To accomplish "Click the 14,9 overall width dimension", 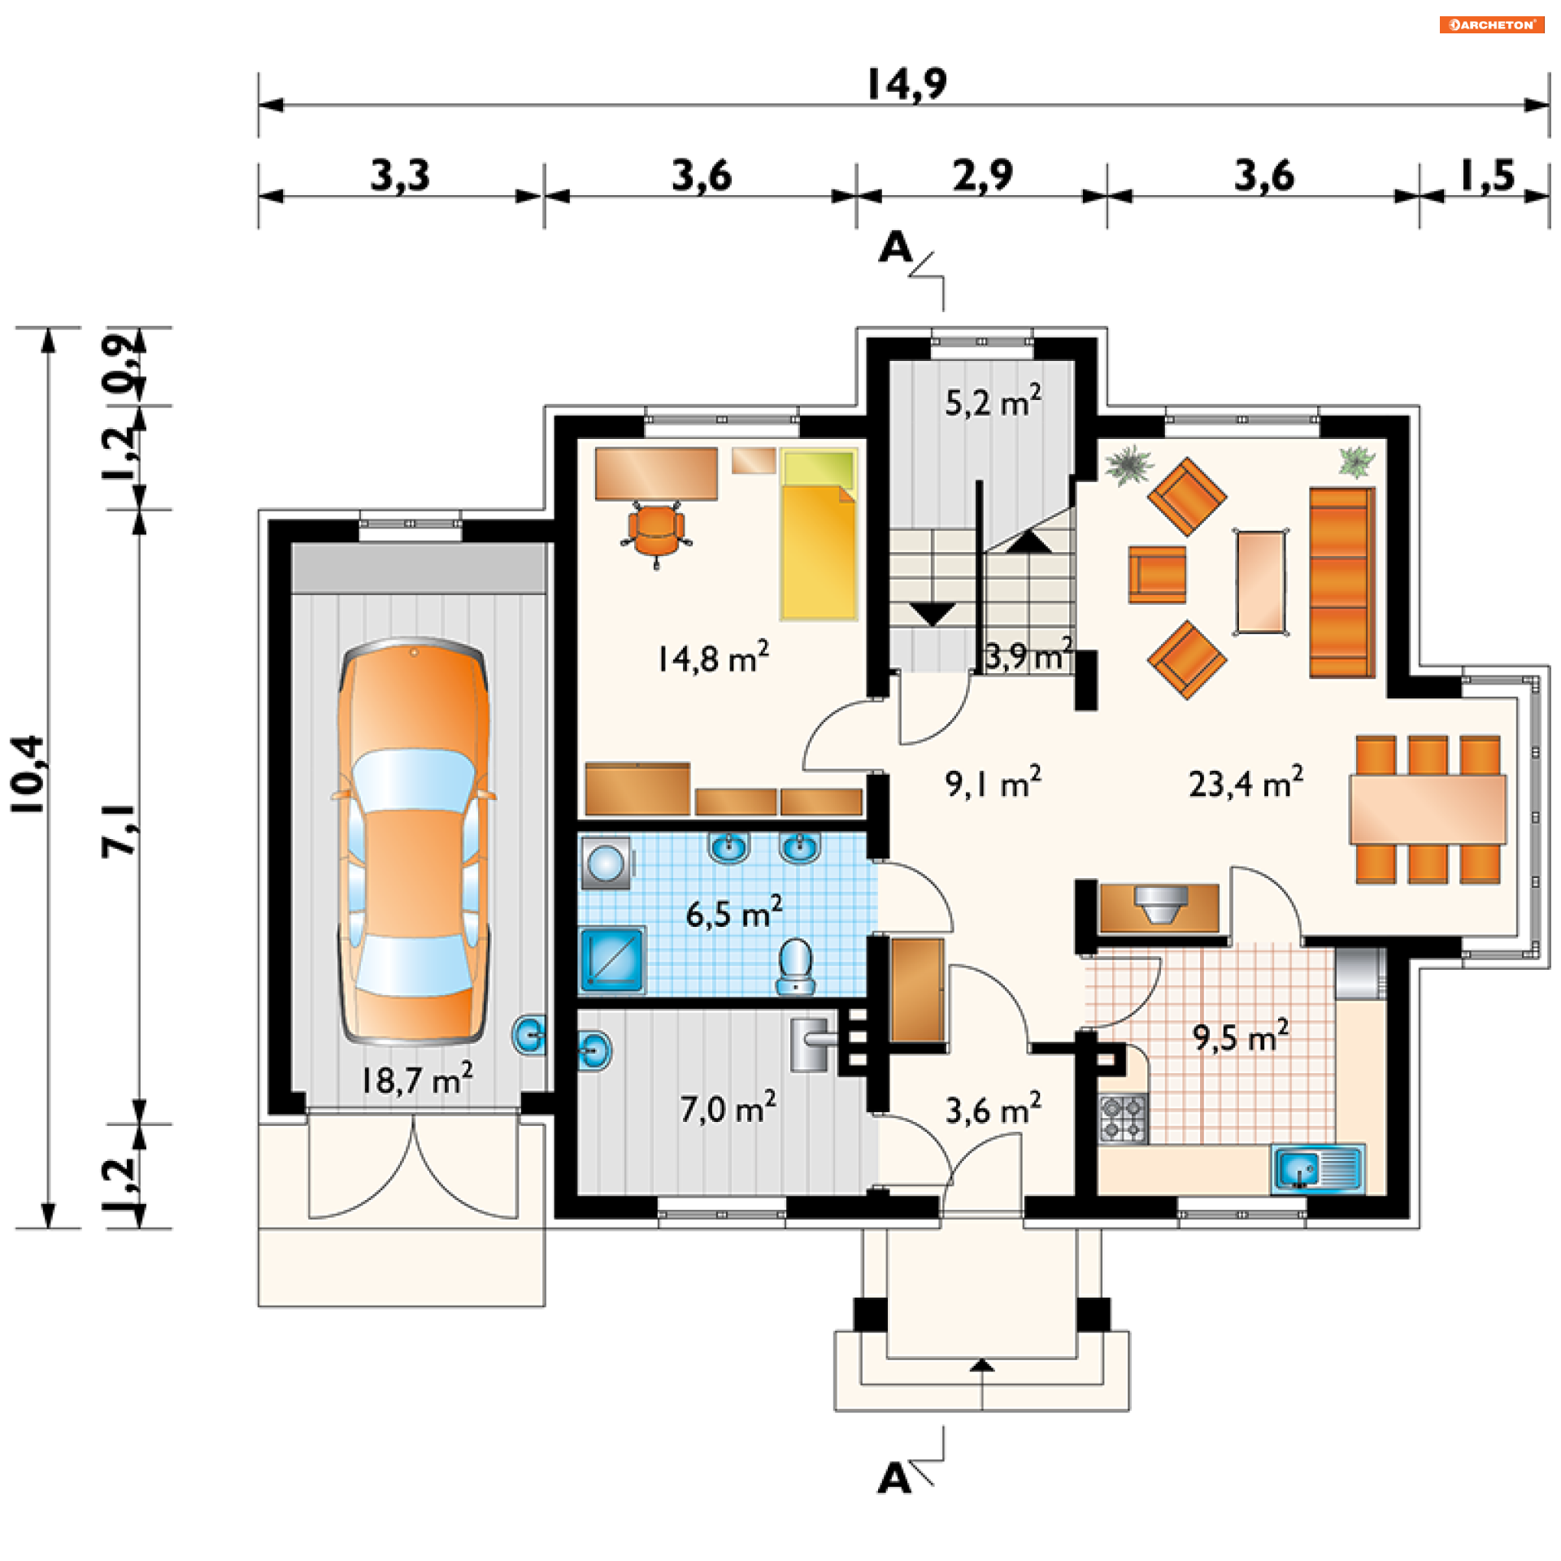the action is coord(907,84).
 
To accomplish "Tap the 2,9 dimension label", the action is coord(983,176).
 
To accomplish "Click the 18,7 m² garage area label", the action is coord(416,1078).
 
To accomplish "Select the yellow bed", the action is coord(819,533).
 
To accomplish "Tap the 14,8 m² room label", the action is coord(712,657).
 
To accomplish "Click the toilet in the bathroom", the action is coord(795,966).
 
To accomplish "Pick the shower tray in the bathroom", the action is coord(612,959).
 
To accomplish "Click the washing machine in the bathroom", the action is coord(607,863).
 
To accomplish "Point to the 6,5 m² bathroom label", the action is coord(733,912).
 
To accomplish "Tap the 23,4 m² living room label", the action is coord(1246,782).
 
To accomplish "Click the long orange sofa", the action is coord(1341,582).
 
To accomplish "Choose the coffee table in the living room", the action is coord(1261,581).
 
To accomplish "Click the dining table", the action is coord(1428,809).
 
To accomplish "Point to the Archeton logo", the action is coord(1492,24).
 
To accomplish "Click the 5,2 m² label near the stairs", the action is coord(992,402).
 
